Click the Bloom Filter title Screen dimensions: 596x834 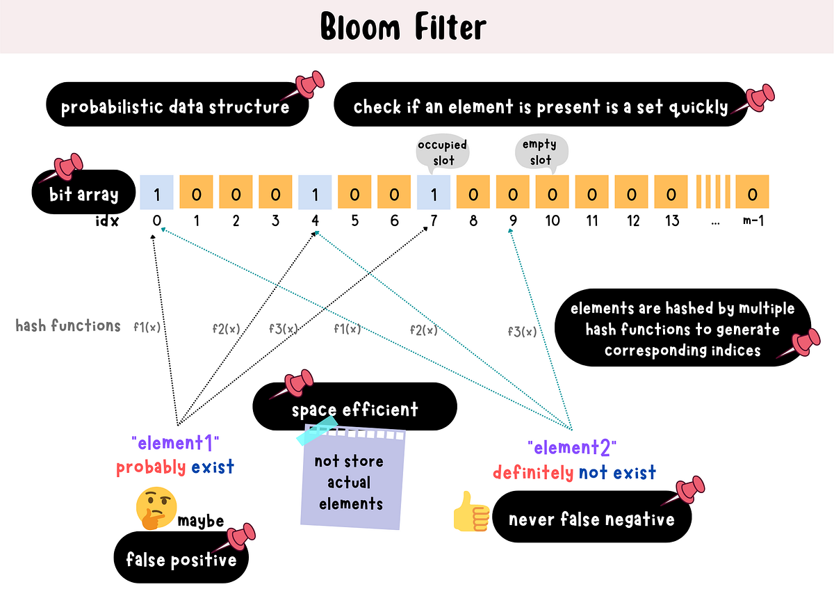coord(403,28)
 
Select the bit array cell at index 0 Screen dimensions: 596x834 coord(157,193)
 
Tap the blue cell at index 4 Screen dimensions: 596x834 coord(315,193)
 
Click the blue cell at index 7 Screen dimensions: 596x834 coord(434,193)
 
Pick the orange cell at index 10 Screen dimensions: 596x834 coord(552,193)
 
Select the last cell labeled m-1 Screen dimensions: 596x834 coord(751,193)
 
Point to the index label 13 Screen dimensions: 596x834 coord(671,222)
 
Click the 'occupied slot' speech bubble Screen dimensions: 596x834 coord(442,152)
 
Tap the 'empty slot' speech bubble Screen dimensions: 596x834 coord(540,151)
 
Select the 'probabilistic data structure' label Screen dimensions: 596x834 coord(175,107)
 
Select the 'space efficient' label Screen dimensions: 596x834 coord(354,409)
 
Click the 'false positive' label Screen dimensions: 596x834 coord(181,558)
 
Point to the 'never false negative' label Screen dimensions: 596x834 coord(591,519)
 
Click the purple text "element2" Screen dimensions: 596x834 coord(572,447)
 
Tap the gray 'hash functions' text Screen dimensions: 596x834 coord(68,325)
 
